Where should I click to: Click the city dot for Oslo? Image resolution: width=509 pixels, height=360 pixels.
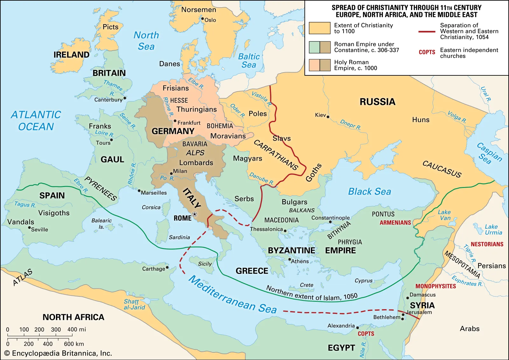(x=202, y=18)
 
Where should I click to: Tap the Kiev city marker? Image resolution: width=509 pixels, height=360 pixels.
(x=328, y=117)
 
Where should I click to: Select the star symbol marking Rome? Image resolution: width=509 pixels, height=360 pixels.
(x=195, y=214)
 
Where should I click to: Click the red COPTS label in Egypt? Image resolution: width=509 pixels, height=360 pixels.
(x=366, y=334)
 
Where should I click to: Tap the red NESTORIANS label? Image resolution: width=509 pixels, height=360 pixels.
(x=487, y=244)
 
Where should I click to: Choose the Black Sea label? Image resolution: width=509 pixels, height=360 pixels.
(x=369, y=191)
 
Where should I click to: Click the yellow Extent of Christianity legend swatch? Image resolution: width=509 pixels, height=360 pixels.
(x=319, y=28)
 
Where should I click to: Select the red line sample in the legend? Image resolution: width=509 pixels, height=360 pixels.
(x=427, y=31)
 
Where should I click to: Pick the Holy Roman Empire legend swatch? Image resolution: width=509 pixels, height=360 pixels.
(x=319, y=65)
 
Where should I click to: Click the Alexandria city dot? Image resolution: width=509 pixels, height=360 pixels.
(x=358, y=328)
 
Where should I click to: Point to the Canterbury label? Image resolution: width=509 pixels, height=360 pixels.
(x=108, y=100)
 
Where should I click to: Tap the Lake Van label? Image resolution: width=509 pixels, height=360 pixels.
(x=444, y=215)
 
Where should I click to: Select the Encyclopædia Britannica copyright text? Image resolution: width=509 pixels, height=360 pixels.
(x=58, y=353)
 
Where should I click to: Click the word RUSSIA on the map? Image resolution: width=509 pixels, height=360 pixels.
(x=377, y=102)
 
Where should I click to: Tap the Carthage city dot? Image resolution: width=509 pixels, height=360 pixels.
(x=167, y=267)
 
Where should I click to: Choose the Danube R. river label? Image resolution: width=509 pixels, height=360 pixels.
(x=261, y=179)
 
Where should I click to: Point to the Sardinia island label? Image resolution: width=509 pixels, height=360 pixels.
(x=179, y=237)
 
